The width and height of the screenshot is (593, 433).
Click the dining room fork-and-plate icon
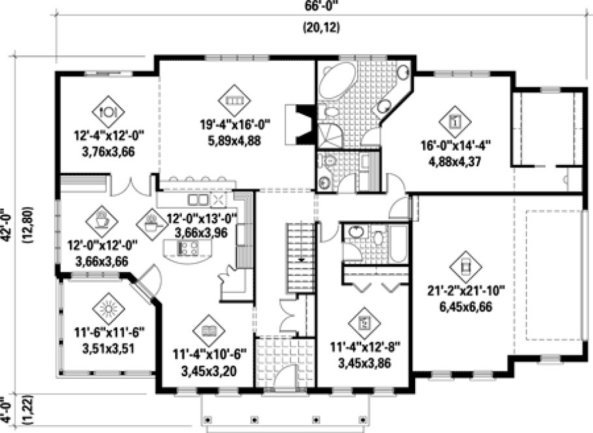point(108,110)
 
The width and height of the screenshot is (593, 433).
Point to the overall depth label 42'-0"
point(7,225)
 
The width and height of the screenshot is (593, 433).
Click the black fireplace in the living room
point(302,124)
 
